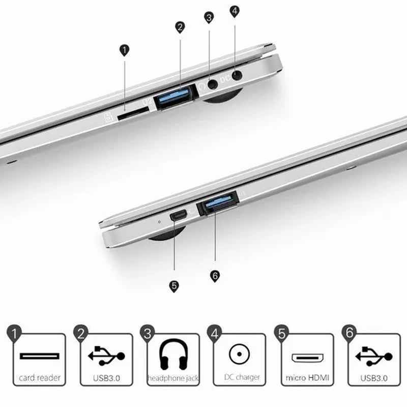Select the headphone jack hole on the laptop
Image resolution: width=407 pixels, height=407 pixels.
coord(213,84)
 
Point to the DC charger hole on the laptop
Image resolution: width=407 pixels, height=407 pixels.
coord(237,76)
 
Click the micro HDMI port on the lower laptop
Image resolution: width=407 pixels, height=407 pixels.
coord(179,215)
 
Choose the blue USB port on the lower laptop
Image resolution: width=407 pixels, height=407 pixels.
coord(218,202)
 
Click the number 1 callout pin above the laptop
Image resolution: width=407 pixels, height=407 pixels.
coord(124,50)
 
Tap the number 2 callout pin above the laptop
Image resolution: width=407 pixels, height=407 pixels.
coord(180,27)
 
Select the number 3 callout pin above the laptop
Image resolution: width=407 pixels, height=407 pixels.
coord(209,18)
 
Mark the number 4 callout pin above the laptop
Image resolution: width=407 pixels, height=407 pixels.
coord(235,11)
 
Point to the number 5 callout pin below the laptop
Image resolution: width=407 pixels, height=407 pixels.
coord(174,286)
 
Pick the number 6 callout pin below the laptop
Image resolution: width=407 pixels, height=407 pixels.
coord(215,276)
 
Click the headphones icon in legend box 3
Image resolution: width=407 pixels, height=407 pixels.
coord(173,354)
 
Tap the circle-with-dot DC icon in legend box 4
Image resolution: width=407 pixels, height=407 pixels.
coord(239,354)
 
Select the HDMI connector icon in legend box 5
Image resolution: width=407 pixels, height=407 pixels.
coord(307,358)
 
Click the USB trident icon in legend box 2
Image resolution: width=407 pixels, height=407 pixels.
coord(106,356)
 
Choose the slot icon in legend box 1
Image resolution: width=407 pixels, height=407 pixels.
coord(40,356)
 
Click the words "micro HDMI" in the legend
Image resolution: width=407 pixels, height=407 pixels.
coord(307,377)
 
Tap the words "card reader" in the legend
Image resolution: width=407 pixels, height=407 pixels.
coord(40,377)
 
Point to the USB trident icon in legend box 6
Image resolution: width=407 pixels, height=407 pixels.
coord(374,357)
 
